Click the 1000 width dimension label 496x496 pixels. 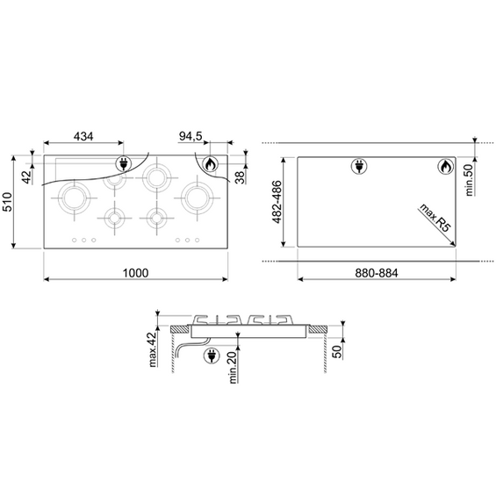coord(135,273)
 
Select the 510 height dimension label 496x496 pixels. coord(7,202)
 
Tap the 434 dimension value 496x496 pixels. coord(83,136)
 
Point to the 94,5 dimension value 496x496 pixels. coord(190,136)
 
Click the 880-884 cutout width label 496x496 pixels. coord(377,273)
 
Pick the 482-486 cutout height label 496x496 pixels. coord(277,202)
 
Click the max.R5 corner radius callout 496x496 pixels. coord(435,218)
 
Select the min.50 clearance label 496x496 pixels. coord(470,180)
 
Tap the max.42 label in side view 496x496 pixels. coord(153,349)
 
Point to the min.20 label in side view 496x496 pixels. coord(234,368)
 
